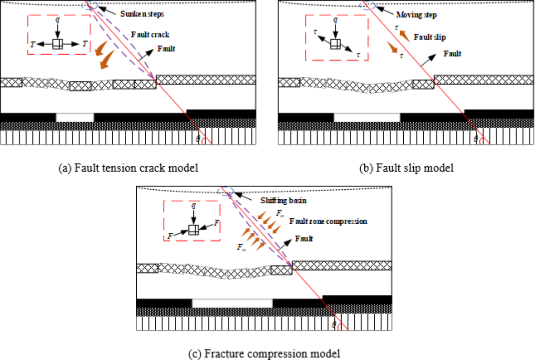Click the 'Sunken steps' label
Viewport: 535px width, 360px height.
tap(142, 14)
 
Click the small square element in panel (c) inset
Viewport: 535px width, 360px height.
tap(194, 230)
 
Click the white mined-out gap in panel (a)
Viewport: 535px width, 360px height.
tap(75, 117)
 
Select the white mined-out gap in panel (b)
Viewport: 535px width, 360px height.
tap(367, 117)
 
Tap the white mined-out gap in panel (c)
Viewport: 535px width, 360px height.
tap(232, 303)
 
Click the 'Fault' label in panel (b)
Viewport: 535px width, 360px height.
tap(452, 53)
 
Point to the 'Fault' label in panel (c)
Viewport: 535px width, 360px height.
tap(304, 238)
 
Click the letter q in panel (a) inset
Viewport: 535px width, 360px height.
tap(57, 20)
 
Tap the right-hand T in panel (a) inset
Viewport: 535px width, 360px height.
tap(84, 43)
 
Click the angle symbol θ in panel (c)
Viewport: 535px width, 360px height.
tap(334, 324)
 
